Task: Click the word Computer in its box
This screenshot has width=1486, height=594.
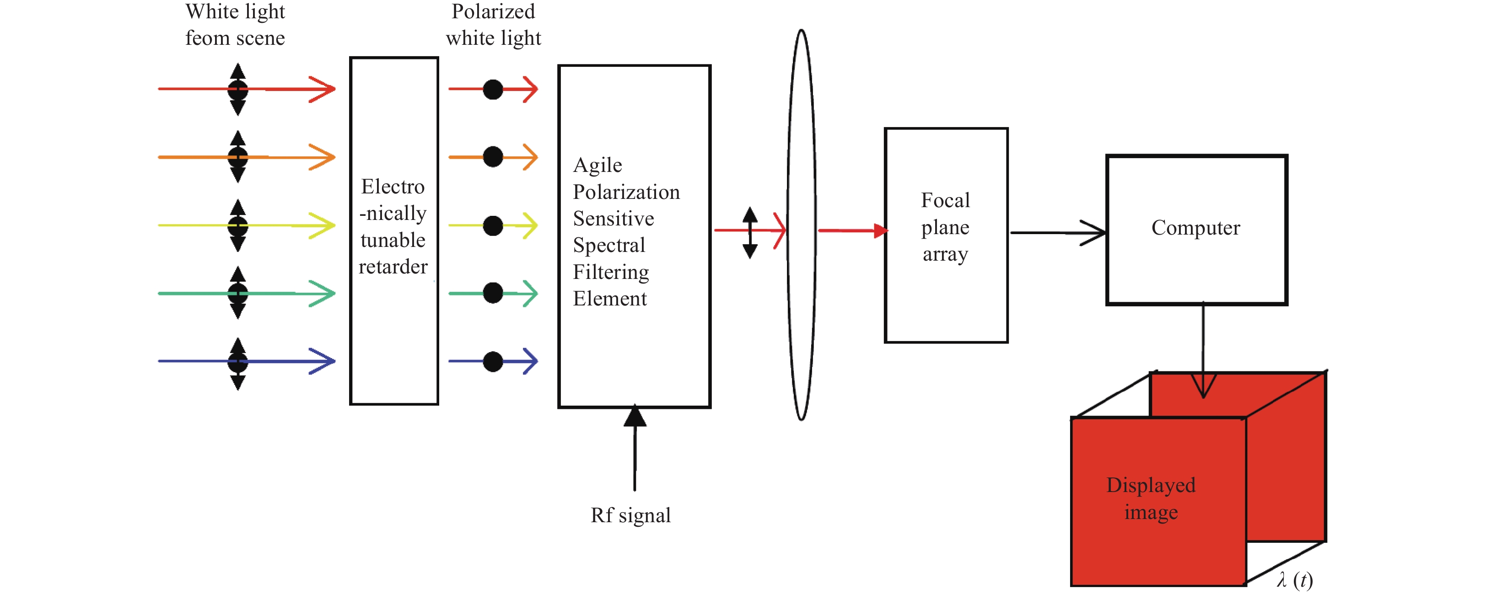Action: pyautogui.click(x=1195, y=228)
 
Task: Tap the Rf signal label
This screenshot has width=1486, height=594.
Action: pyautogui.click(x=630, y=515)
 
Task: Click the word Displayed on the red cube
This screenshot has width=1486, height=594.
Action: pyautogui.click(x=1151, y=486)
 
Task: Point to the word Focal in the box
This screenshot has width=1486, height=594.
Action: pyautogui.click(x=946, y=200)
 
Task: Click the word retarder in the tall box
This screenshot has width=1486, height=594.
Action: pyautogui.click(x=393, y=267)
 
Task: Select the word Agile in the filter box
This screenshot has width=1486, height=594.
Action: pyautogui.click(x=598, y=166)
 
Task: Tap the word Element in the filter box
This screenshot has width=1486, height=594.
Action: pyautogui.click(x=610, y=299)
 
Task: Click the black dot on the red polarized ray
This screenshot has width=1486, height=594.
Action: pyautogui.click(x=493, y=89)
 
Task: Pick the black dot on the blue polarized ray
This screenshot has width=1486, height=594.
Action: pyautogui.click(x=493, y=362)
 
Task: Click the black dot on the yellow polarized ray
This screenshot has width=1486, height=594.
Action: pyautogui.click(x=493, y=225)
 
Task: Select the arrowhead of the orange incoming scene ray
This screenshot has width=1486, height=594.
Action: pyautogui.click(x=323, y=157)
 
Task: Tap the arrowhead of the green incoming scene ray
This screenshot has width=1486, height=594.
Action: pyautogui.click(x=323, y=294)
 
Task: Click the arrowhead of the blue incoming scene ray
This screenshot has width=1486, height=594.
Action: pyautogui.click(x=323, y=362)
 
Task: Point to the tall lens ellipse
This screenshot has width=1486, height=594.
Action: pyautogui.click(x=788, y=225)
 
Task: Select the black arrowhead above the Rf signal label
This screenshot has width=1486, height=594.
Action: pyautogui.click(x=635, y=415)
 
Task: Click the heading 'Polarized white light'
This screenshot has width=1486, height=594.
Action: pyautogui.click(x=493, y=25)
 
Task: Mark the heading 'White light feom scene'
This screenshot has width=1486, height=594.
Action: pyautogui.click(x=235, y=25)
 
